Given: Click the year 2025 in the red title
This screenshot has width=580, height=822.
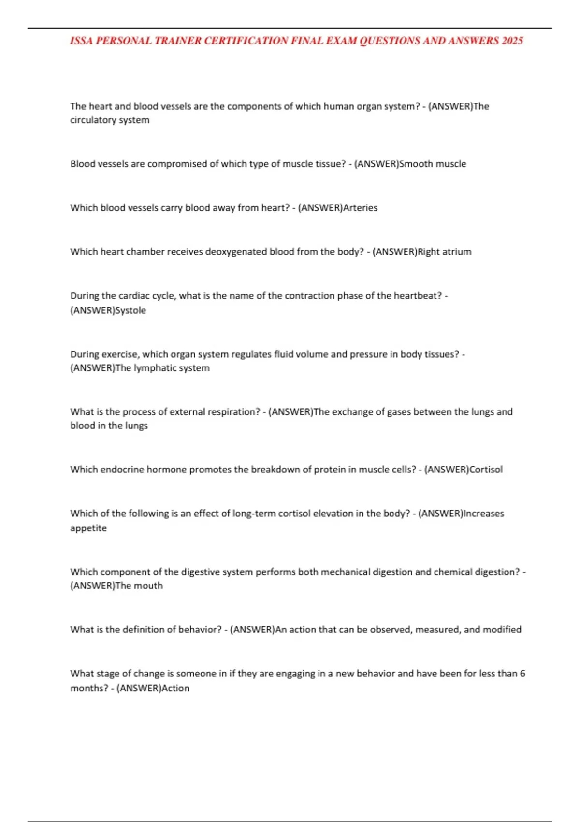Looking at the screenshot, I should [512, 41].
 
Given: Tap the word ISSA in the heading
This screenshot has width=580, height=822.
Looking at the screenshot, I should [82, 41].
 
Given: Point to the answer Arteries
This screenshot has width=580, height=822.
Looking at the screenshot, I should [360, 208].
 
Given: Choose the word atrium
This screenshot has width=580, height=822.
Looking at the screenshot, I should [458, 252].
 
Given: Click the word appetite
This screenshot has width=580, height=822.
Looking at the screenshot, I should [88, 528].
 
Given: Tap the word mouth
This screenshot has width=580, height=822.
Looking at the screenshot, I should [148, 586].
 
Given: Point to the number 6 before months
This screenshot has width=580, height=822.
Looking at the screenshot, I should [522, 674].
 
